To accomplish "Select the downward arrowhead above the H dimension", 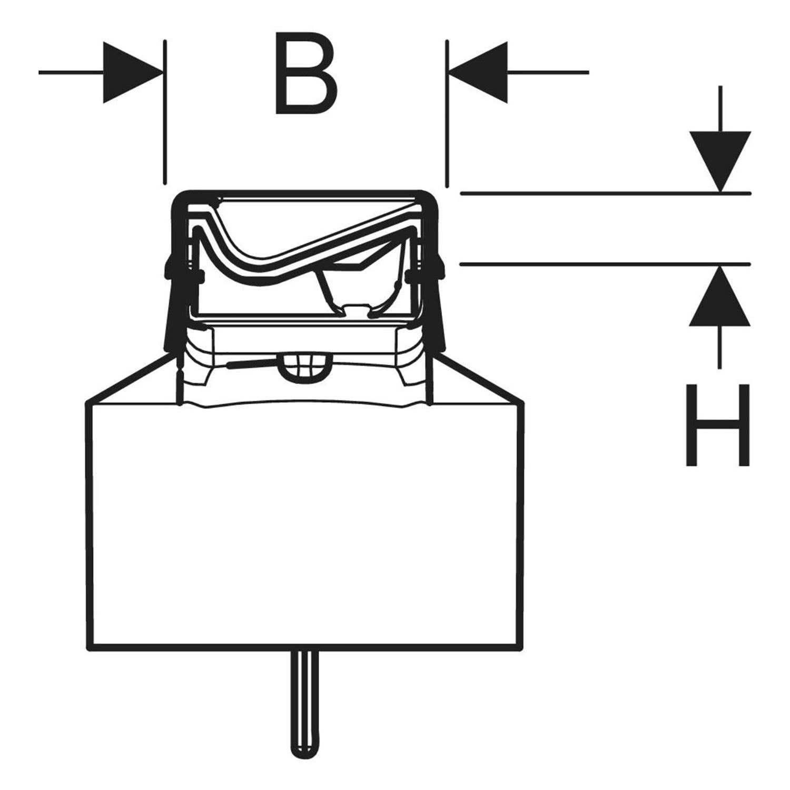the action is click(720, 161).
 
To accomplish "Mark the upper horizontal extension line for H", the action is click(605, 194).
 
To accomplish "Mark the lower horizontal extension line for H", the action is click(605, 263).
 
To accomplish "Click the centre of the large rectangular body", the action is click(305, 524).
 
